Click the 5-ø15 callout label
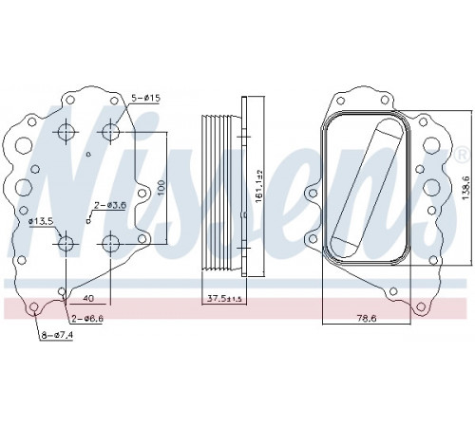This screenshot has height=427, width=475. (146, 98)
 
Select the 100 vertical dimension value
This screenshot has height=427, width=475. (161, 188)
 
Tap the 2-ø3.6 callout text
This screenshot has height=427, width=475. (109, 205)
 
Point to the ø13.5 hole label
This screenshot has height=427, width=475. (41, 221)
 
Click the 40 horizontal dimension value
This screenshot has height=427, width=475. (90, 298)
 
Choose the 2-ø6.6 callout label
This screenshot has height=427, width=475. (87, 319)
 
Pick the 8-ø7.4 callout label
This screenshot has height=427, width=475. (57, 335)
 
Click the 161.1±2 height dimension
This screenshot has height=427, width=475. (259, 187)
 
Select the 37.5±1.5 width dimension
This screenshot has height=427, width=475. (224, 298)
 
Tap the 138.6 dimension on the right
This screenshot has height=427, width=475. (465, 188)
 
